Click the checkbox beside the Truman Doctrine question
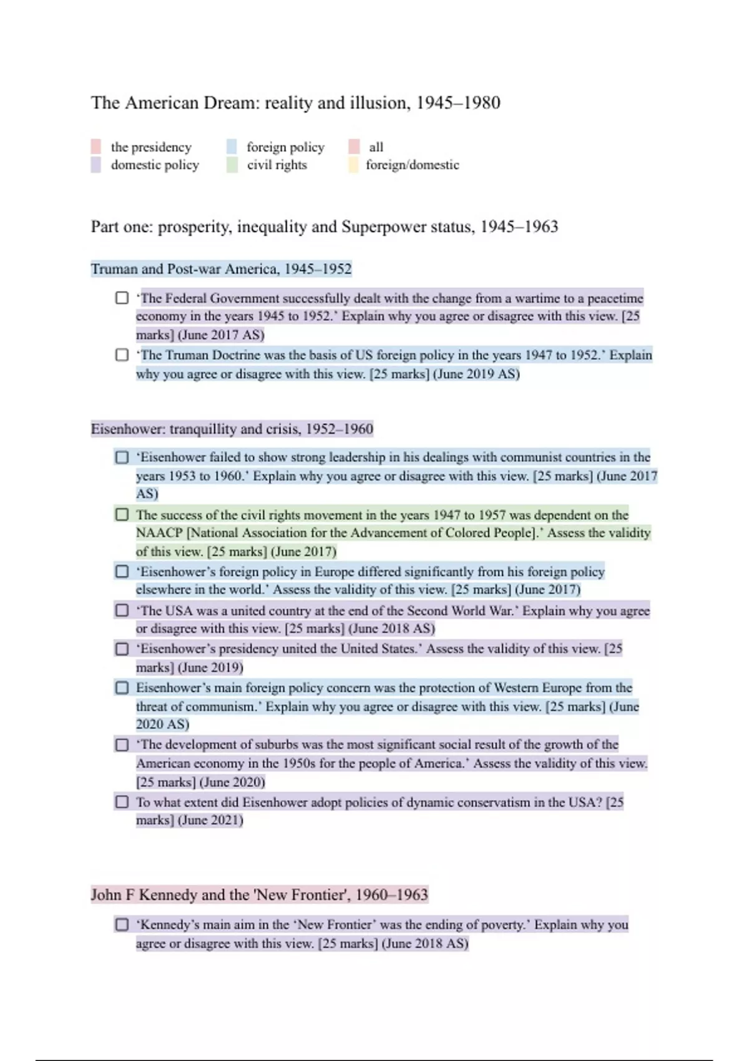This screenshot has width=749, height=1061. (x=122, y=354)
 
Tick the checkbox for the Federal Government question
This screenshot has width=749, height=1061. (x=122, y=298)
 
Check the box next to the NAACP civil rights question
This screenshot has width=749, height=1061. (x=122, y=514)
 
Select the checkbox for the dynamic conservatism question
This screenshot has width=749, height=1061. (x=122, y=801)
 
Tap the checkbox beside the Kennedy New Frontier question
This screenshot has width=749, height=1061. (x=122, y=924)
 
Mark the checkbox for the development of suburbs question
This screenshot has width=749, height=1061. (x=122, y=745)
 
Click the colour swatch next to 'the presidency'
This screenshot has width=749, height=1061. (x=95, y=147)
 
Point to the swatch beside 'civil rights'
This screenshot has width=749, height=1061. (x=232, y=165)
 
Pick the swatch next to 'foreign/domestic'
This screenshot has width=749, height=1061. (x=353, y=165)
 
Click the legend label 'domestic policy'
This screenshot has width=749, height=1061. (x=155, y=165)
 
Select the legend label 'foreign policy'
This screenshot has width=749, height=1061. (x=285, y=147)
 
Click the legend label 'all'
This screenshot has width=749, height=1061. (x=376, y=147)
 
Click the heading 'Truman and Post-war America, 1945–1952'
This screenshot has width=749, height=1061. (x=221, y=269)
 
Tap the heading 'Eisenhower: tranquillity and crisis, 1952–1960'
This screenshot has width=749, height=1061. (x=232, y=429)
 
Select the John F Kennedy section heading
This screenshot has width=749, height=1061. (x=259, y=894)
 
